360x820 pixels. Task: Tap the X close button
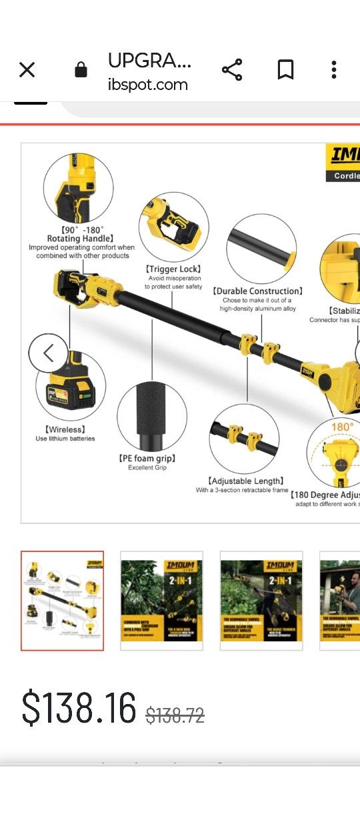click(27, 70)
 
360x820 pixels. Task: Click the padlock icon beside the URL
click(81, 70)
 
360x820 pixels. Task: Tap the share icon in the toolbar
click(232, 70)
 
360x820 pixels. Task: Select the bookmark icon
click(285, 70)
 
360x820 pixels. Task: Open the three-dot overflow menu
click(333, 70)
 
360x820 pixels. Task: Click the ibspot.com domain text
click(147, 85)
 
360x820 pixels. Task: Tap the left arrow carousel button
click(48, 353)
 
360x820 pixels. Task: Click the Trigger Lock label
click(173, 269)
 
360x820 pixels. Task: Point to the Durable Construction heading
click(257, 291)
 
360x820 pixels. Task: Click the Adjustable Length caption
click(245, 481)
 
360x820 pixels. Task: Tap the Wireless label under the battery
click(65, 429)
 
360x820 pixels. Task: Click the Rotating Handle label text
click(80, 238)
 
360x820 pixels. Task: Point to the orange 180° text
click(342, 427)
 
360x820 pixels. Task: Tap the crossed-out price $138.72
click(175, 716)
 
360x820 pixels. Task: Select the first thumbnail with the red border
click(62, 600)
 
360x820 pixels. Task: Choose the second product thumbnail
click(161, 600)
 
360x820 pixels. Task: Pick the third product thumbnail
click(261, 600)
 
